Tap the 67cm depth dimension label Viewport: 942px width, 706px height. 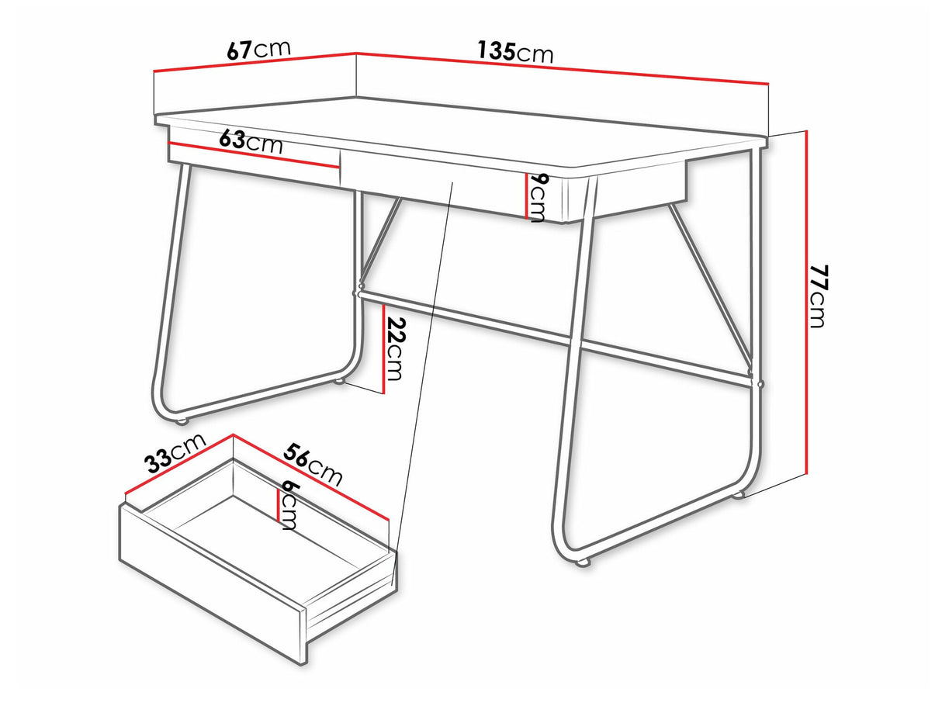coord(259,50)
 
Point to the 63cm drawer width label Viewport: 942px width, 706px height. coord(251,142)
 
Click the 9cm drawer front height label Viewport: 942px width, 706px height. coord(536,198)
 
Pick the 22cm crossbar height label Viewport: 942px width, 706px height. coord(395,348)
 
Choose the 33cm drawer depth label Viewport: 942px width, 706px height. coord(175,453)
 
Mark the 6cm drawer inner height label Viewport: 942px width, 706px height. coord(289,504)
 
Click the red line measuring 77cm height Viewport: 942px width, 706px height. coord(807,302)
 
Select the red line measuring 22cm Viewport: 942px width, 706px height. coord(383,350)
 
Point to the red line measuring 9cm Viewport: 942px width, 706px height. coord(526,196)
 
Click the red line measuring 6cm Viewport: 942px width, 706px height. coord(279,506)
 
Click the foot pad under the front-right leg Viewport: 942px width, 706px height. coord(583,562)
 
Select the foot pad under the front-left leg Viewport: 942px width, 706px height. coord(182,420)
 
